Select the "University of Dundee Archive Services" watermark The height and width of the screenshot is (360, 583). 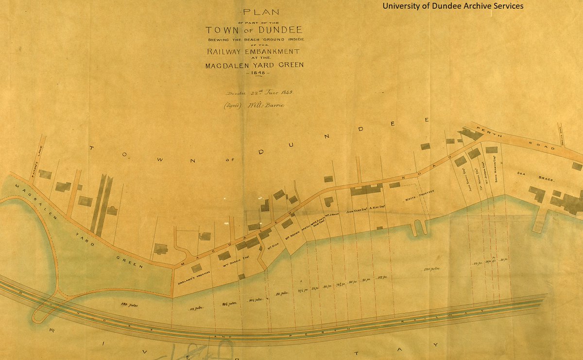(452, 6)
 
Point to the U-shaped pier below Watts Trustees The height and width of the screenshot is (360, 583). (418, 227)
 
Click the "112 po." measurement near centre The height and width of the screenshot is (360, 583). (381, 277)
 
